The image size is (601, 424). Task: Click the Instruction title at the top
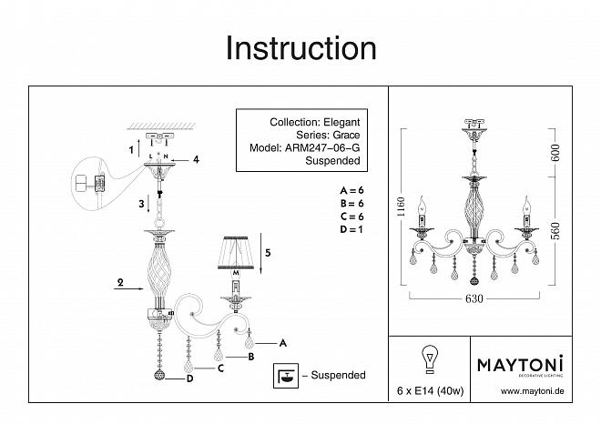tap(300, 47)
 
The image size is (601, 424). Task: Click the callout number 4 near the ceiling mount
tap(195, 160)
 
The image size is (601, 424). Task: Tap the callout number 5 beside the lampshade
tap(267, 254)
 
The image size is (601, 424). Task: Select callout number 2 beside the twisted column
tap(120, 284)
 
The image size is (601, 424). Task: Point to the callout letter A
tap(282, 343)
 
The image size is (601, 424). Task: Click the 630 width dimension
tap(473, 297)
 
